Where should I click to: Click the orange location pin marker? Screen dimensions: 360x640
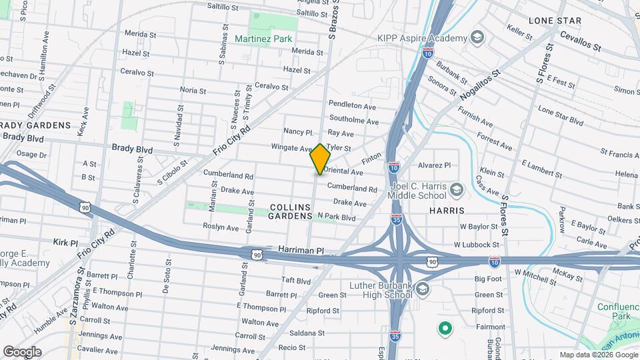click(x=321, y=159)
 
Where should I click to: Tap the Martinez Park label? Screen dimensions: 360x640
click(x=263, y=39)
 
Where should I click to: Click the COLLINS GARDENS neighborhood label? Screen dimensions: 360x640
click(x=290, y=211)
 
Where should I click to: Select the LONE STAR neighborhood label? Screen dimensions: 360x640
click(x=555, y=21)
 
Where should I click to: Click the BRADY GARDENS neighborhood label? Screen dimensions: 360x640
click(x=36, y=125)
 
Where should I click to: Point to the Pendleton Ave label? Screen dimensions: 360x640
click(x=353, y=105)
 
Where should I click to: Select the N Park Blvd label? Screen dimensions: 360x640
click(x=336, y=217)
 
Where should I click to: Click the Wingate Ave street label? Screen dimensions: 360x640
click(x=291, y=147)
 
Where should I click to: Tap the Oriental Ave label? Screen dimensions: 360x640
click(x=343, y=171)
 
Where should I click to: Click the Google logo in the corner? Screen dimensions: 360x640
click(x=22, y=351)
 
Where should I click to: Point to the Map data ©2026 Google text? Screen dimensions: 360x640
click(x=598, y=355)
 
